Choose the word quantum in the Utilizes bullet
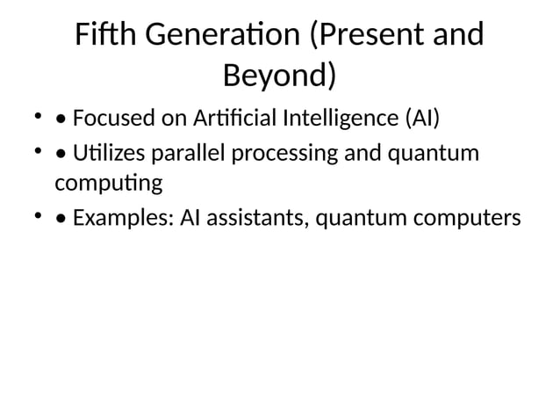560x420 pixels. tap(434, 153)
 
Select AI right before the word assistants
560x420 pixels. tap(189, 217)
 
